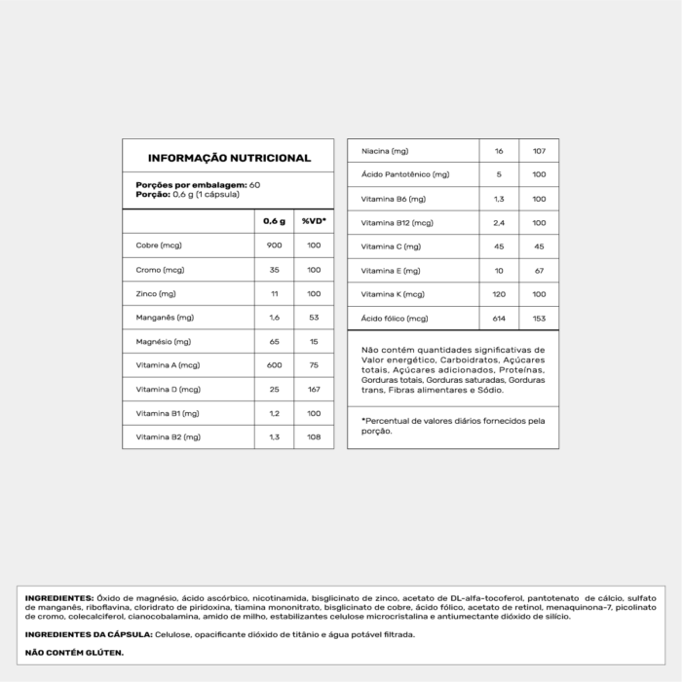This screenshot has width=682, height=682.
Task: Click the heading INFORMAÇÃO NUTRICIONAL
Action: click(229, 158)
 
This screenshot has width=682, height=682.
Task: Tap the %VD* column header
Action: click(313, 221)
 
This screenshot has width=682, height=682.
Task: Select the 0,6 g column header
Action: click(274, 221)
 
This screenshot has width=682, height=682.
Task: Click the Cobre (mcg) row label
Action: click(159, 246)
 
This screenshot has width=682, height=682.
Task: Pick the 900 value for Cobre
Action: click(274, 246)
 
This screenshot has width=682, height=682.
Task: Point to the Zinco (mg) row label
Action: click(156, 293)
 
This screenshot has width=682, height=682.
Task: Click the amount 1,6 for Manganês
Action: click(274, 318)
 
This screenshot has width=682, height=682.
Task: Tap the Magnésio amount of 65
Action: click(274, 342)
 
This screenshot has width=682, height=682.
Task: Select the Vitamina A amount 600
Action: click(274, 365)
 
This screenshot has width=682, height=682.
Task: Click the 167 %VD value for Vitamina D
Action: click(313, 390)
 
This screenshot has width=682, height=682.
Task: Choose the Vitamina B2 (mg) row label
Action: click(169, 437)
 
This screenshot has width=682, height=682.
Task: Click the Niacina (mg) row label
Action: click(384, 152)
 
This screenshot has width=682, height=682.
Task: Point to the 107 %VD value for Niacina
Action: click(539, 152)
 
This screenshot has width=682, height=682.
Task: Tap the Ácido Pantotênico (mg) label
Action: click(405, 175)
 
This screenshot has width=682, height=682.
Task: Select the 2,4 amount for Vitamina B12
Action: click(499, 223)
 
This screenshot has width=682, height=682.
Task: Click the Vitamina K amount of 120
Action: click(499, 294)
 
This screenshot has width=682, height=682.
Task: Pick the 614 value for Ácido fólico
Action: click(499, 319)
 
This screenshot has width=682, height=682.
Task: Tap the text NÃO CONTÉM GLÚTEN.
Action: click(75, 653)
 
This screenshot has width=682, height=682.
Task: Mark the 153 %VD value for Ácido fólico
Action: click(539, 319)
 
